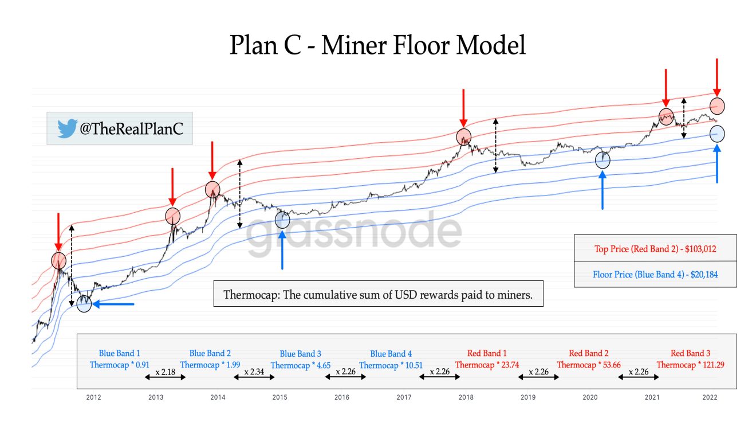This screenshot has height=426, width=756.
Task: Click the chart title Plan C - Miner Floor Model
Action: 377,45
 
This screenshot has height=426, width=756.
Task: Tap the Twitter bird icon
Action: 66,128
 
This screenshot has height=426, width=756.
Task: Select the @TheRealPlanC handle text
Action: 131,129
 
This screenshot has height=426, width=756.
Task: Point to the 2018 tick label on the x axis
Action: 466,397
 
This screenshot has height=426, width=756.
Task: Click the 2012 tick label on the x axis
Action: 93,397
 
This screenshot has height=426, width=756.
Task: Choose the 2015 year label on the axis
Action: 279,397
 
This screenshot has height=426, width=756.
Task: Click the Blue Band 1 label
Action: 119,353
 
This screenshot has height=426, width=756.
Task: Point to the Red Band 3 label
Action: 690,353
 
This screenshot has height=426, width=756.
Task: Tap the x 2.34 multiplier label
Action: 254,372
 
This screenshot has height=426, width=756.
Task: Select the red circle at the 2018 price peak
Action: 464,137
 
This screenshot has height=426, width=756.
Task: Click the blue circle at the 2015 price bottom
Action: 282,219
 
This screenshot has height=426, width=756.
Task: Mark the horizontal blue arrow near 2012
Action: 113,304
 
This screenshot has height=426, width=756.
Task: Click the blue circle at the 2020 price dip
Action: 603,160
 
